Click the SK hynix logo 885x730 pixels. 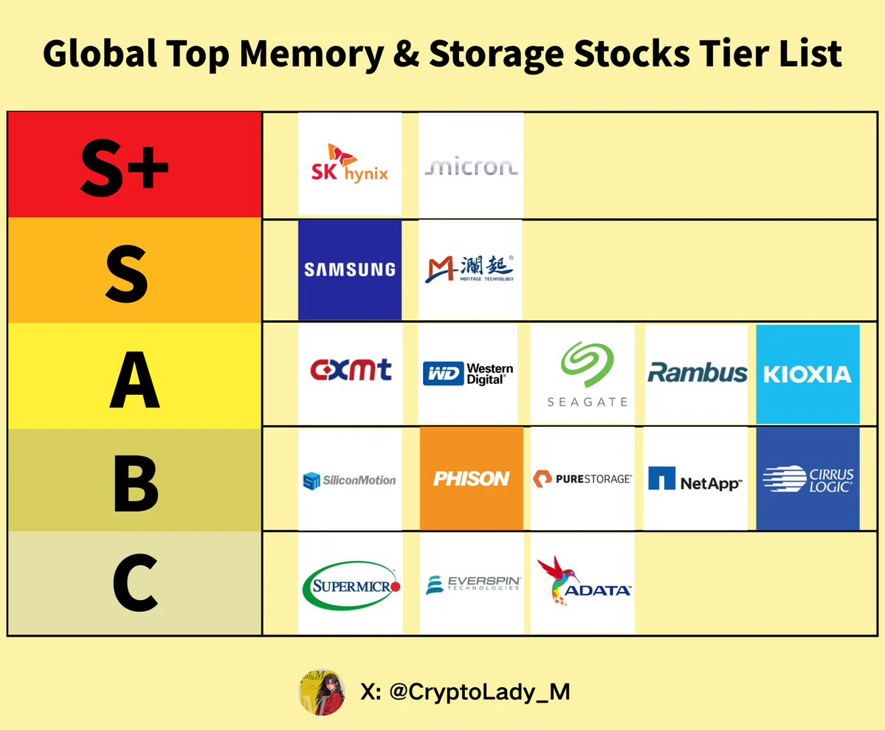click(x=350, y=163)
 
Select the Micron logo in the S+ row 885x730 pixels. click(x=471, y=167)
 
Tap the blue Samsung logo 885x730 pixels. click(x=350, y=270)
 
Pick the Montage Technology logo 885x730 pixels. click(x=469, y=269)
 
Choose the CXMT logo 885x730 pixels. click(x=351, y=370)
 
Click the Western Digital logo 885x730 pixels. click(x=468, y=373)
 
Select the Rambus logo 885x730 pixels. click(x=697, y=373)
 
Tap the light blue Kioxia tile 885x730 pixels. click(x=807, y=373)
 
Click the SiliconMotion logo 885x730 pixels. click(x=349, y=481)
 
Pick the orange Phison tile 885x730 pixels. click(x=471, y=479)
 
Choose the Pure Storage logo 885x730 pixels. click(x=582, y=479)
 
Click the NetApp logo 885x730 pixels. click(x=695, y=479)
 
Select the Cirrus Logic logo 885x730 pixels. click(x=807, y=479)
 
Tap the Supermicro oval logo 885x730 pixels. click(x=351, y=585)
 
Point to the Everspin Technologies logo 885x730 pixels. click(x=473, y=585)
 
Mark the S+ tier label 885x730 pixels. click(x=125, y=168)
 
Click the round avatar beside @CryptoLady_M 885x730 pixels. click(x=322, y=692)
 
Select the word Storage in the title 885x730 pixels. click(x=496, y=55)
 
